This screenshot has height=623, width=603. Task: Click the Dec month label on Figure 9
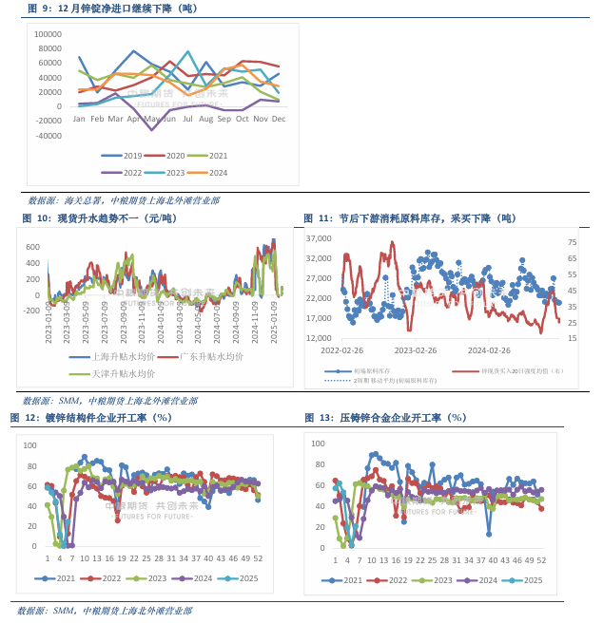pos(279,119)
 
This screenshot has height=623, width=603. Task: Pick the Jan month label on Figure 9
pos(79,119)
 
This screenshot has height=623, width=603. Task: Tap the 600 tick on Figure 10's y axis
pos(33,246)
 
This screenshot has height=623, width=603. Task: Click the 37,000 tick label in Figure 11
pos(319,238)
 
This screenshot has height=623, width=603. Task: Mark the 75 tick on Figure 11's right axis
pos(573,241)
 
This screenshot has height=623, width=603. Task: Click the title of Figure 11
pos(410,218)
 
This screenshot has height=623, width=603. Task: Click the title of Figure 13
pos(385,418)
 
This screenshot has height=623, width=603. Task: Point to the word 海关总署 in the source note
pos(84,201)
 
